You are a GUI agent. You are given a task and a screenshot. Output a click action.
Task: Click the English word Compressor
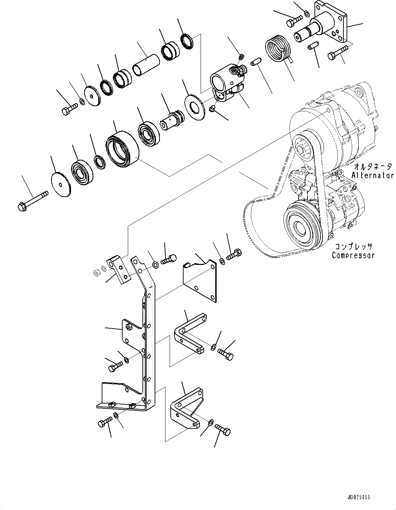pyautogui.click(x=353, y=255)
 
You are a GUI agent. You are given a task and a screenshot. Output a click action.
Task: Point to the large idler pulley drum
pyautogui.click(x=122, y=147)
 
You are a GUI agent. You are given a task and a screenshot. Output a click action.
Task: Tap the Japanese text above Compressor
pyautogui.click(x=354, y=246)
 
